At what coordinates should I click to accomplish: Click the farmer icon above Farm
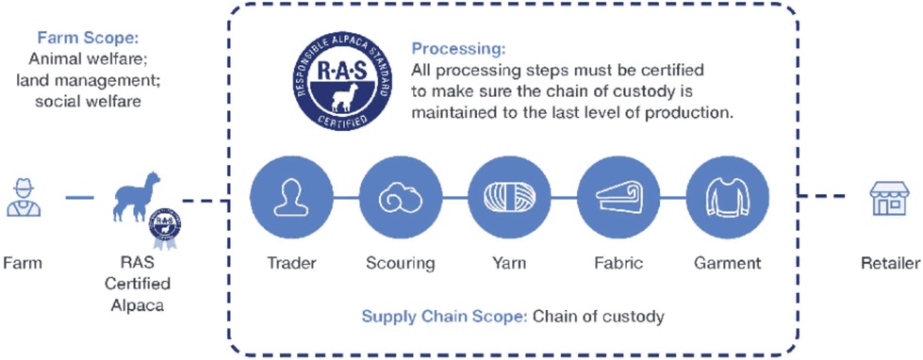[x=24, y=199]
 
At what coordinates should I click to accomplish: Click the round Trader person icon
[x=290, y=197]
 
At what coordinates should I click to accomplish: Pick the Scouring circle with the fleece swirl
[x=401, y=197]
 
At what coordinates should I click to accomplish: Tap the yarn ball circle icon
[x=509, y=197]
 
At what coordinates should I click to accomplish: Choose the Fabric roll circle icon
[x=618, y=197]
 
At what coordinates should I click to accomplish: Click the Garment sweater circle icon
[x=728, y=197]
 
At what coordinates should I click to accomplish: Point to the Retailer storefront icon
[x=889, y=198]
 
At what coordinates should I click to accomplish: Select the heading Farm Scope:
[x=88, y=39]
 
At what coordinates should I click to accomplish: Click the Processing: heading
[x=458, y=48]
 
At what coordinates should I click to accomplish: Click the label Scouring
[x=401, y=262]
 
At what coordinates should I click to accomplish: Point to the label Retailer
[x=889, y=262]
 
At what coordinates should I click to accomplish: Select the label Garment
[x=728, y=262]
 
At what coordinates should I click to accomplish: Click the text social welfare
[x=88, y=101]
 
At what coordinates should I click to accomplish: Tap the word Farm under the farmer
[x=23, y=262]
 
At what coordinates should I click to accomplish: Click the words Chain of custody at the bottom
[x=599, y=317]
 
